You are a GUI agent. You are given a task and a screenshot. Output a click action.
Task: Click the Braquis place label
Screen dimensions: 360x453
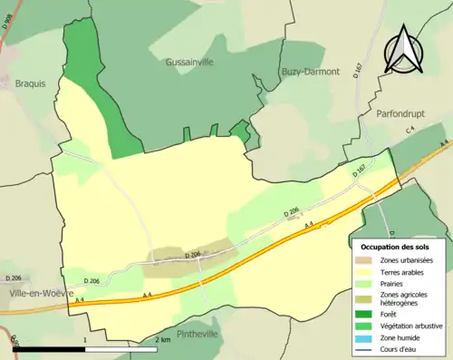(29, 82)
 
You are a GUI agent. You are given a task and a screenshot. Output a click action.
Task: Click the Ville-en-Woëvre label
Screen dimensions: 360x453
(36, 294)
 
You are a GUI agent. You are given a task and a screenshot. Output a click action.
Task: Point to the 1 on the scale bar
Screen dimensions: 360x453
(84, 340)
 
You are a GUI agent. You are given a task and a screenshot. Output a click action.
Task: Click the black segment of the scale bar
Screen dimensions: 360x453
(49, 349)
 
